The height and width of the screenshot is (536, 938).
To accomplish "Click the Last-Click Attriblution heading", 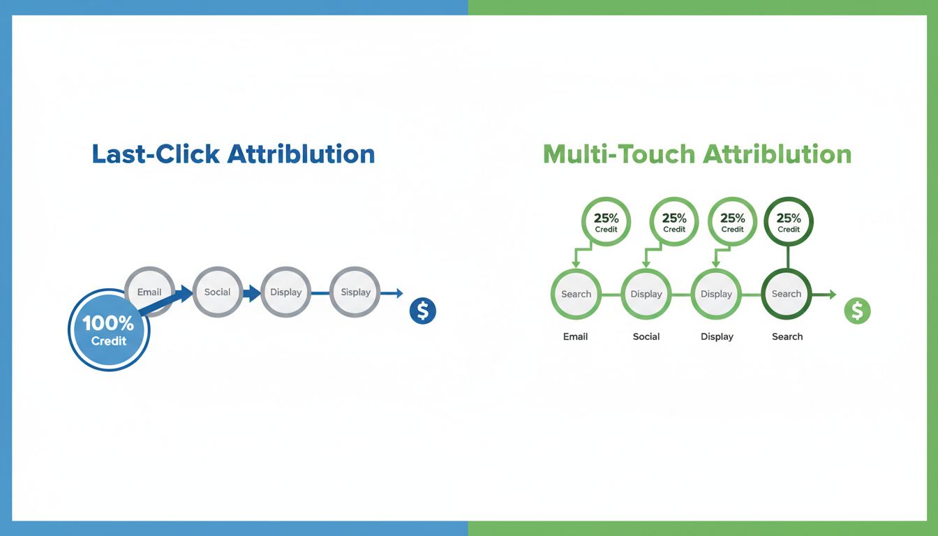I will (x=233, y=154).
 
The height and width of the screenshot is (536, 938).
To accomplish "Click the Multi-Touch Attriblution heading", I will (x=697, y=154).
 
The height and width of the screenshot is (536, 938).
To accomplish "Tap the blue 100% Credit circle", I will (x=109, y=330).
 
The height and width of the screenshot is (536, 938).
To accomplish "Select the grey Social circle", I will (x=217, y=292).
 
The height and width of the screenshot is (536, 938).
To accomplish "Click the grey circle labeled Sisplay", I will (x=355, y=292).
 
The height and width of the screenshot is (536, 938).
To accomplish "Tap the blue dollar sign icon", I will (x=423, y=311).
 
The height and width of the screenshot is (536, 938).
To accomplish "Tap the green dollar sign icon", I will (x=857, y=311).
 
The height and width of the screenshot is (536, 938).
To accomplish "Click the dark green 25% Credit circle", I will (x=789, y=221).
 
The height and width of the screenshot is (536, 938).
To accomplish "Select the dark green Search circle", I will (x=787, y=294).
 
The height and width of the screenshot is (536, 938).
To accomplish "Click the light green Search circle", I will (x=576, y=294).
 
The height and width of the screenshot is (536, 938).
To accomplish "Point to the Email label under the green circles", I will (x=575, y=336).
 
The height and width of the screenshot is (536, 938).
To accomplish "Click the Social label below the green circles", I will (x=646, y=336).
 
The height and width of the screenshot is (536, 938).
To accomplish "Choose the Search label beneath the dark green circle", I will (x=787, y=336).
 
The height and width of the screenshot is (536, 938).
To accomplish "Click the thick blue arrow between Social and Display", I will (x=251, y=292).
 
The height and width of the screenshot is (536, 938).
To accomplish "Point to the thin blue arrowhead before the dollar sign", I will (x=399, y=293).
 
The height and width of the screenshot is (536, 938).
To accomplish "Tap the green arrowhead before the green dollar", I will (x=832, y=295).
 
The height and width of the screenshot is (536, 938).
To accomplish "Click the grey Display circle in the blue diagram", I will (x=285, y=292).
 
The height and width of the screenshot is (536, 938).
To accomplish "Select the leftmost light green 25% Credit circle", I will (x=606, y=222).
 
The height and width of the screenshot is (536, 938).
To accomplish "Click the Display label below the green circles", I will (x=717, y=336).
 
